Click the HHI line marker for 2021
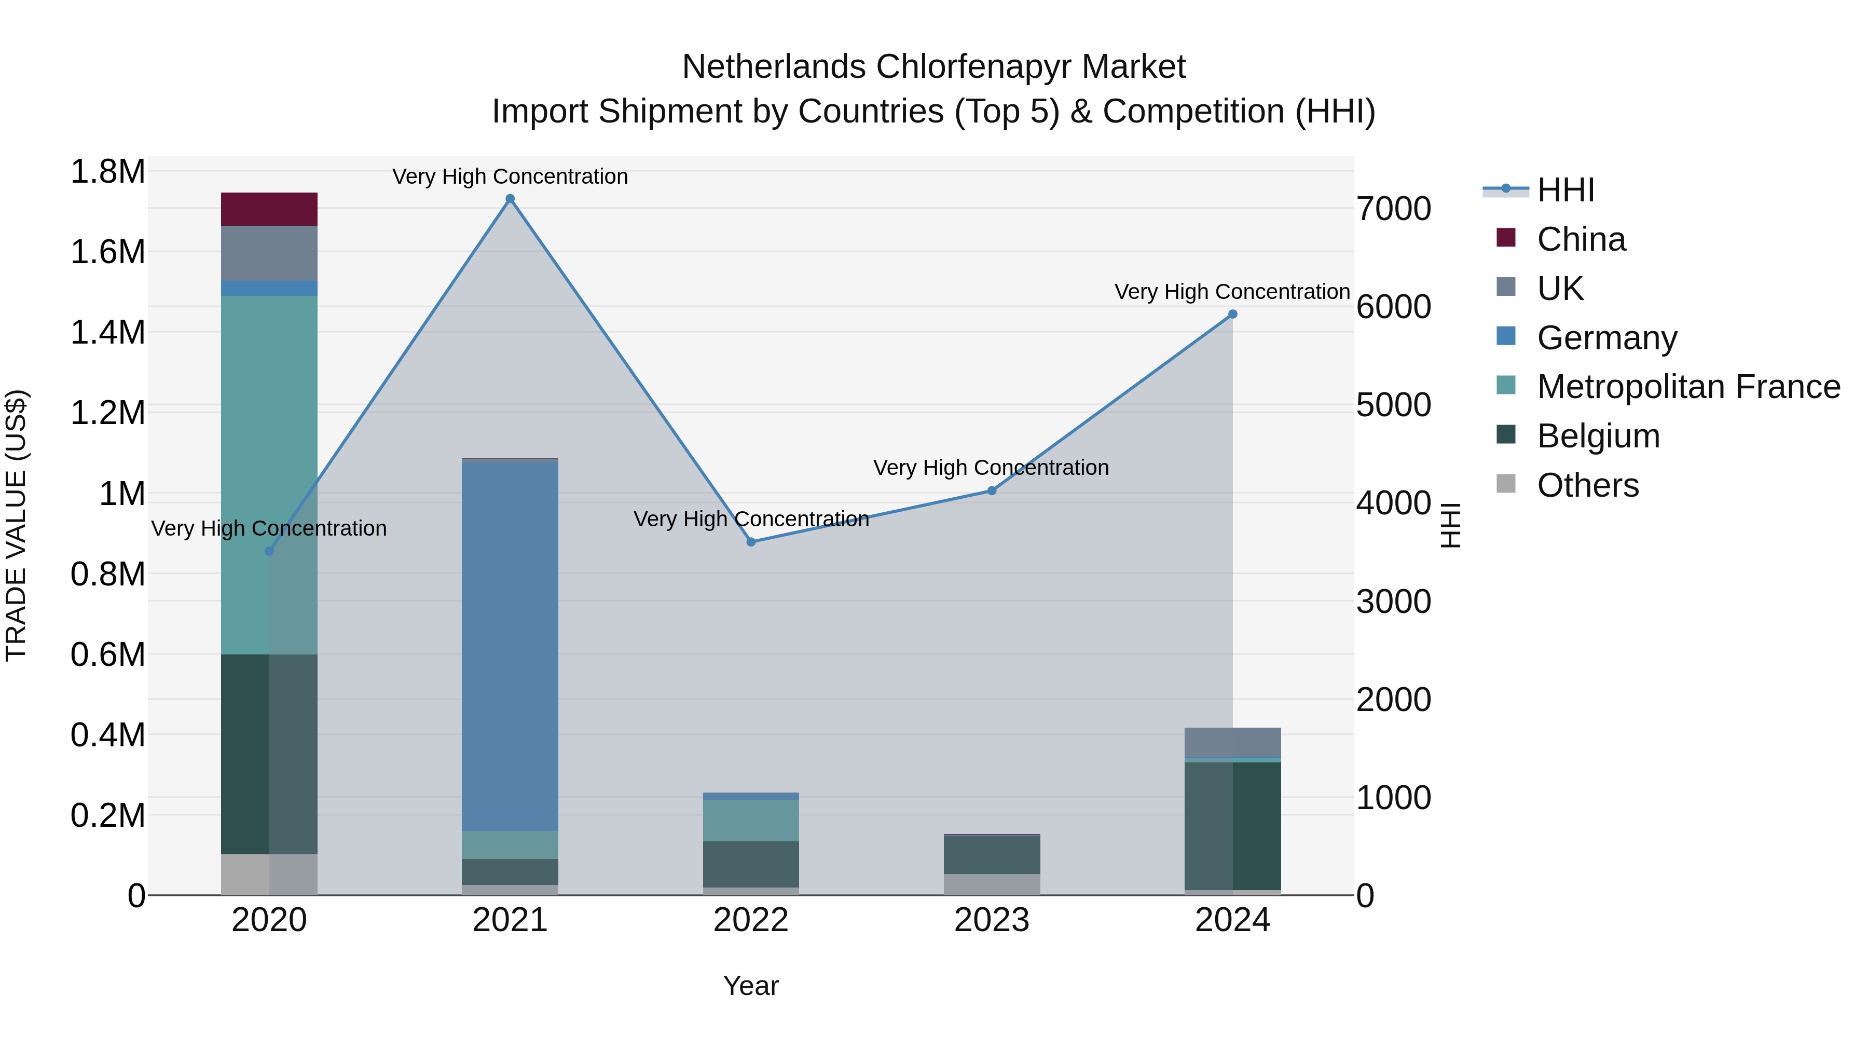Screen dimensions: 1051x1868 (x=510, y=199)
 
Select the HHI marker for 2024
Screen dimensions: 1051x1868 (x=1232, y=314)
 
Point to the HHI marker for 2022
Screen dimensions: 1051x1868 (x=751, y=542)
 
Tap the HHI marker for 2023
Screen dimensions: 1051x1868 (x=992, y=491)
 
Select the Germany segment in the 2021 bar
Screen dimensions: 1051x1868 (x=510, y=646)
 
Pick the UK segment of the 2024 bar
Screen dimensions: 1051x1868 (x=1232, y=742)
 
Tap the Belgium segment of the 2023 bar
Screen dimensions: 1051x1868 (x=992, y=854)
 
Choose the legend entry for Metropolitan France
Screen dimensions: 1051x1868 (x=1688, y=387)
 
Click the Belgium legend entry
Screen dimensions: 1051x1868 (x=1598, y=436)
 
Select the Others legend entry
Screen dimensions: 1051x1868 (x=1587, y=485)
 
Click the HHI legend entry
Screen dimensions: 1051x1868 (x=1565, y=190)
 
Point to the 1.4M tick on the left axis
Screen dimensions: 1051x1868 (x=108, y=332)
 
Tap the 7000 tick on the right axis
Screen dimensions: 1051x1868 (x=1394, y=209)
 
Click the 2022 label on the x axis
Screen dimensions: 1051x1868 (x=751, y=920)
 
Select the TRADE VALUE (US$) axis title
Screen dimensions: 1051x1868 (x=16, y=525)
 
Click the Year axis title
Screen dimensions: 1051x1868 (x=751, y=986)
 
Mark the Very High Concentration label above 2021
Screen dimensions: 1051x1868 (x=510, y=176)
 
